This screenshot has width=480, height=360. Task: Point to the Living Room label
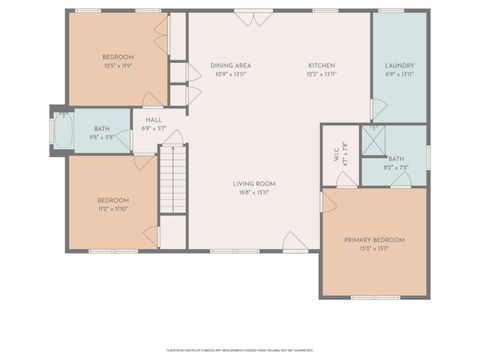(x=254, y=183)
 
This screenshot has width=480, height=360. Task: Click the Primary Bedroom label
(x=374, y=240)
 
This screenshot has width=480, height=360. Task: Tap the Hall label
(x=153, y=120)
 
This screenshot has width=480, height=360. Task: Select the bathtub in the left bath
(x=62, y=132)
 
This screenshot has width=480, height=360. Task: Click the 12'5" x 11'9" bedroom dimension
(x=119, y=66)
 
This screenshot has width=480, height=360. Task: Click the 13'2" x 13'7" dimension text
(x=374, y=248)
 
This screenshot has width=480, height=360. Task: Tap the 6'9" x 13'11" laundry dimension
(x=399, y=74)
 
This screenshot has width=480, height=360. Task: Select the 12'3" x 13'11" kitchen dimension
(x=321, y=74)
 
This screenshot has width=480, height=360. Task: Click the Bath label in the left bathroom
(x=102, y=129)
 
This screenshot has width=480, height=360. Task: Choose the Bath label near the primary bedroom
(x=396, y=158)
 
